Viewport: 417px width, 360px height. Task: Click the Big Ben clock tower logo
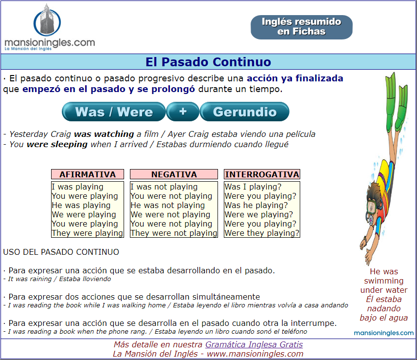click(47, 20)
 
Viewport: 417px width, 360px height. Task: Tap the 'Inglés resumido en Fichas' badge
click(302, 27)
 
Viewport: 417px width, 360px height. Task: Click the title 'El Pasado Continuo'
click(208, 62)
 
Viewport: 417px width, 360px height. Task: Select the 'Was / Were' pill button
click(114, 112)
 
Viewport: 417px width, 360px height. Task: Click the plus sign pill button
click(182, 112)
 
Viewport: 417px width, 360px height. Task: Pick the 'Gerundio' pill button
click(244, 112)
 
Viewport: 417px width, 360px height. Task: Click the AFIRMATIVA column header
click(88, 174)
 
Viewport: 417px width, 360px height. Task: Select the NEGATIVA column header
click(174, 174)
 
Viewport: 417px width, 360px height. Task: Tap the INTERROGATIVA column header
click(262, 174)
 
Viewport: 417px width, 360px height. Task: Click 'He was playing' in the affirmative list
click(81, 205)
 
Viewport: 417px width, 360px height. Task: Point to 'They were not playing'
click(174, 233)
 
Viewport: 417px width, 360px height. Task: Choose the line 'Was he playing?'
click(256, 205)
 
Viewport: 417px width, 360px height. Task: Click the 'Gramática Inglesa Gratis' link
click(254, 344)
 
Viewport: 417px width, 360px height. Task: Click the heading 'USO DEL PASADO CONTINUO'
click(61, 252)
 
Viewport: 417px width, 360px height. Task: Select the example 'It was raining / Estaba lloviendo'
click(59, 279)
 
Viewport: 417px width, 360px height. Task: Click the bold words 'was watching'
click(104, 134)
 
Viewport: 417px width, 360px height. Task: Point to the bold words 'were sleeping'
click(57, 144)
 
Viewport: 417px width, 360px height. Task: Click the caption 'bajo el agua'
click(384, 318)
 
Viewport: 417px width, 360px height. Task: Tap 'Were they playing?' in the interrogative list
click(262, 233)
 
